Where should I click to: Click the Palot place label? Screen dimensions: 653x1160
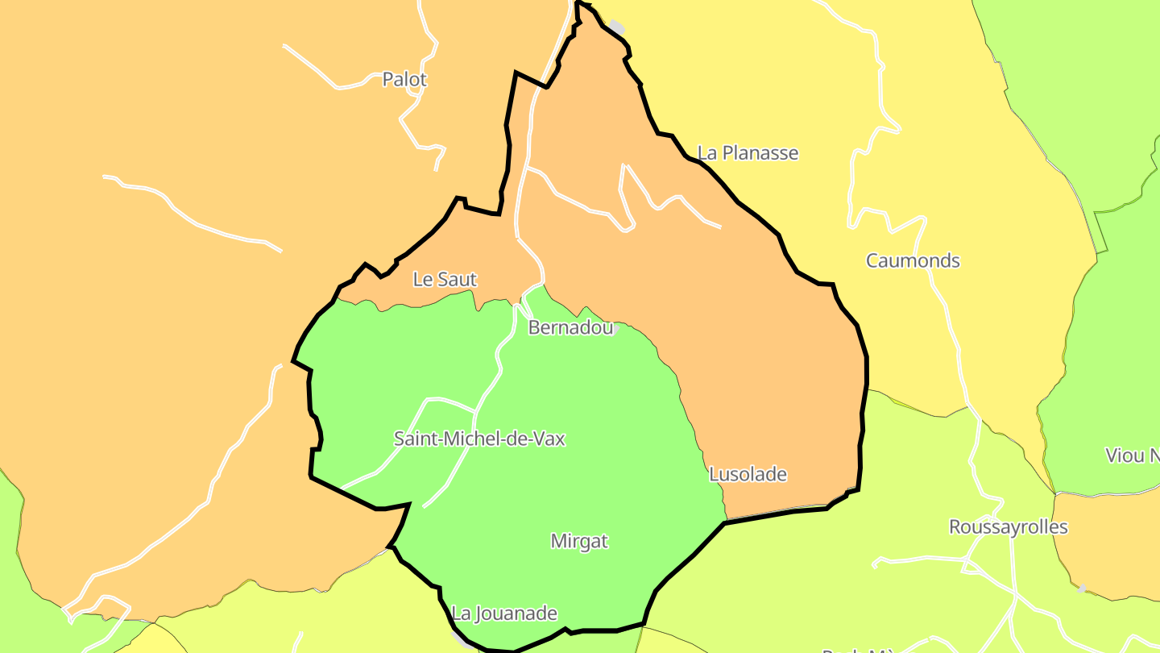click(404, 80)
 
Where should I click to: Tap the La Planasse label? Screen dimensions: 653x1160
click(748, 152)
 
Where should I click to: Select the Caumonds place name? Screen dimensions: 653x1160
click(913, 260)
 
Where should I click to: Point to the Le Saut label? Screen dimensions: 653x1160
click(445, 280)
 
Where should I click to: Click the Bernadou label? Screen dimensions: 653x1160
click(570, 327)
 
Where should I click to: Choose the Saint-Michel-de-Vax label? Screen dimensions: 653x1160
click(479, 439)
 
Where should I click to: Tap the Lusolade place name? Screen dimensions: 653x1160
click(748, 475)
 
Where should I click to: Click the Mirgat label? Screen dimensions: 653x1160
click(579, 541)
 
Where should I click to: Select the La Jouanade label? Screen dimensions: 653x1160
click(504, 613)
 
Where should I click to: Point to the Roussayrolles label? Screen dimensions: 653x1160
click(1008, 527)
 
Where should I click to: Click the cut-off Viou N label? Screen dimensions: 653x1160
click(1131, 455)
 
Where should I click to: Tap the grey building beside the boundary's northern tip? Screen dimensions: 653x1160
click(616, 27)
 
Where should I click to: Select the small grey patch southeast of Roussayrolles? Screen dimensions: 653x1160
click(1081, 589)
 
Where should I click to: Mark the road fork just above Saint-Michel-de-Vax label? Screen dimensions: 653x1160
click(474, 412)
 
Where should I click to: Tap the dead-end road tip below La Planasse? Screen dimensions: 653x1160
click(719, 227)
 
